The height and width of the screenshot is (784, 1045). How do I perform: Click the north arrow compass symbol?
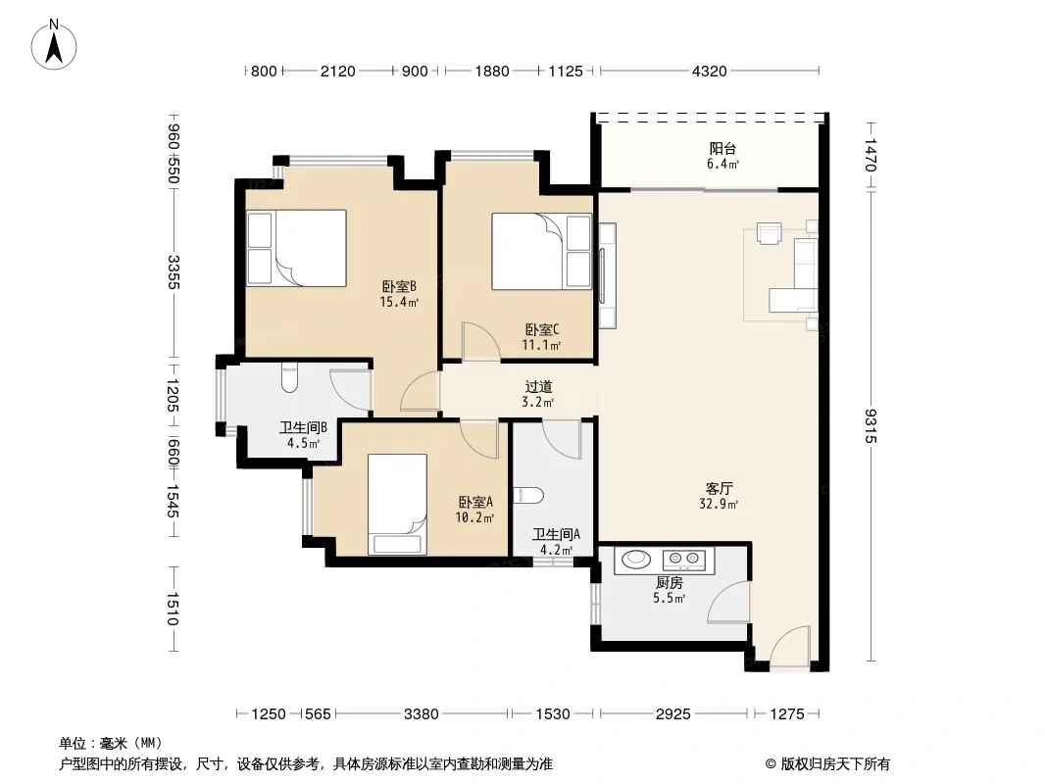[x=54, y=45]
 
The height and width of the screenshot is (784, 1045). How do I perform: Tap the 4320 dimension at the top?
[x=709, y=71]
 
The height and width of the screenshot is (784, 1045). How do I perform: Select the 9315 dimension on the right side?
[x=871, y=425]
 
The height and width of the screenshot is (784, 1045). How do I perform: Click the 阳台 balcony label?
[x=722, y=149]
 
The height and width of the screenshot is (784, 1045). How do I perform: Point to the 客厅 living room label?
[x=720, y=488]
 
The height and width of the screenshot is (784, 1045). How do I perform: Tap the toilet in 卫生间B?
[x=289, y=377]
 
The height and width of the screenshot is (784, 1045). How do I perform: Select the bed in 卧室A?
[x=397, y=505]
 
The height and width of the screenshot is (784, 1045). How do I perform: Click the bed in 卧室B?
[x=297, y=248]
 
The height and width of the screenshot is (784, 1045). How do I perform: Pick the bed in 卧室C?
[x=541, y=251]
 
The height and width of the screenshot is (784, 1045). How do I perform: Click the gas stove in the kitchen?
[x=687, y=558]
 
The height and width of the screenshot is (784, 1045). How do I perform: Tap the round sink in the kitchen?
[x=636, y=559]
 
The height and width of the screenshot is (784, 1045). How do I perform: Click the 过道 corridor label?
[x=538, y=386]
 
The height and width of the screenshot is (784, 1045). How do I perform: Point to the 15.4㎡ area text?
[x=399, y=302]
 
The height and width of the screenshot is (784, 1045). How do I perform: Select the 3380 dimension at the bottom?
[x=422, y=714]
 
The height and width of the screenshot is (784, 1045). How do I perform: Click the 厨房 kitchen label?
[x=669, y=583]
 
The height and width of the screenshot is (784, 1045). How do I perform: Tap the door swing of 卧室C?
[x=480, y=342]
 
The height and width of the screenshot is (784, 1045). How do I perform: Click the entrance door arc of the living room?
[x=790, y=645]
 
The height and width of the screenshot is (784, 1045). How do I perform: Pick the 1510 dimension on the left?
[x=172, y=609]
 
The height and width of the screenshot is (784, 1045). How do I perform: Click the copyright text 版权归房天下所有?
[x=835, y=764]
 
